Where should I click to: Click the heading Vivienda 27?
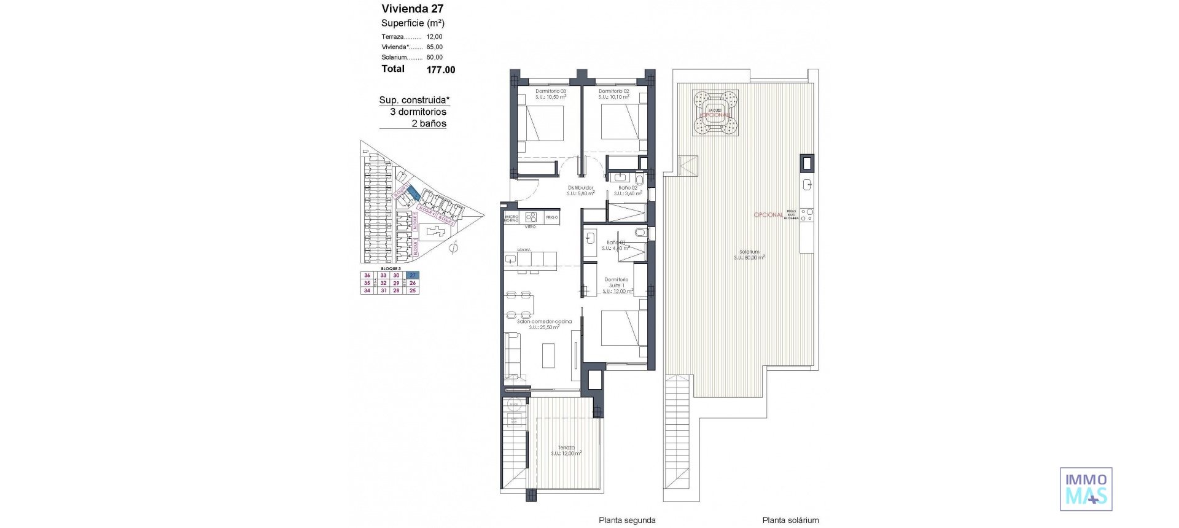tap(412, 9)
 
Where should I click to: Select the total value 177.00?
tap(440, 70)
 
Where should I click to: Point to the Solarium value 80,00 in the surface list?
tap(434, 57)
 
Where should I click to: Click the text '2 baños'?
tap(429, 123)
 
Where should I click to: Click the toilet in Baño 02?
tap(639, 179)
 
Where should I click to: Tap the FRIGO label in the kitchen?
tap(551, 217)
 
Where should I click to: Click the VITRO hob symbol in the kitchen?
tap(532, 217)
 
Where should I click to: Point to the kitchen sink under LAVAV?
tap(511, 260)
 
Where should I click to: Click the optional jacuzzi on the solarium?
tap(715, 113)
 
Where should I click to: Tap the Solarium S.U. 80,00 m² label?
tap(749, 254)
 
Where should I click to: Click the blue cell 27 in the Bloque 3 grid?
tap(413, 275)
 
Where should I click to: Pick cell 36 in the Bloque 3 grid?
tap(367, 276)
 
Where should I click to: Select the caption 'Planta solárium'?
tap(790, 520)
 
